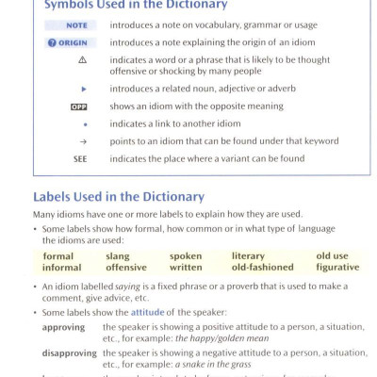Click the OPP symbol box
[x=79, y=107]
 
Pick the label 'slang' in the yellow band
[x=118, y=255]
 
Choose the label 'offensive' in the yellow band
[x=125, y=267]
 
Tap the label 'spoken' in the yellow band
[x=186, y=255]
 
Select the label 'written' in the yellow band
[x=188, y=267]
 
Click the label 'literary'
[x=248, y=255]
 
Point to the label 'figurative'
[x=337, y=267]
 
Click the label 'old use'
[x=332, y=255]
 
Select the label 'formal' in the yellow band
[x=57, y=255]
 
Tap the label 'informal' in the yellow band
[x=61, y=267]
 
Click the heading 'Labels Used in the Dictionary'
[x=119, y=197]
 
